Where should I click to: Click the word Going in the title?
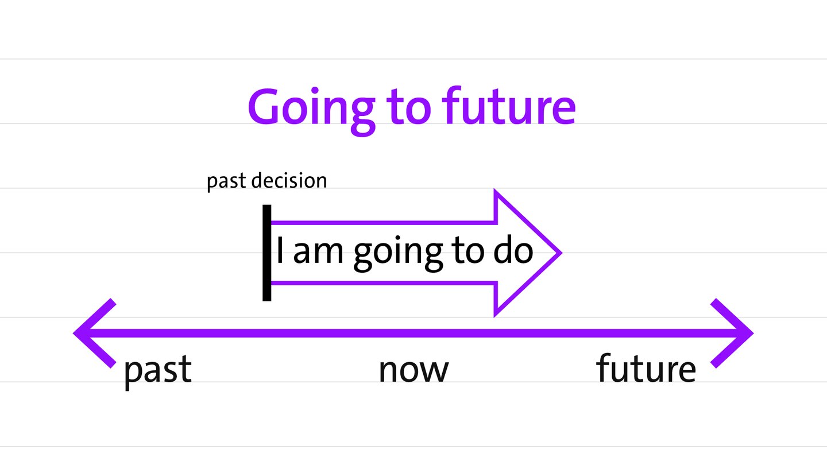click(312, 111)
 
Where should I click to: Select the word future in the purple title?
click(509, 105)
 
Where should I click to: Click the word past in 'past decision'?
click(226, 181)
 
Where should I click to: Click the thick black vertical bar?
click(266, 253)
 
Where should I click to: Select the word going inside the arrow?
click(398, 254)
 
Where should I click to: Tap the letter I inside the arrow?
click(280, 250)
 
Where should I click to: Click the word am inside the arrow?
click(318, 253)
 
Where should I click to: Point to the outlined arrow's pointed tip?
click(562, 253)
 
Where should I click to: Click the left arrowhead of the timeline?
click(94, 333)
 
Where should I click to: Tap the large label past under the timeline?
click(157, 371)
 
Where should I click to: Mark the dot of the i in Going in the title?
click(315, 91)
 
